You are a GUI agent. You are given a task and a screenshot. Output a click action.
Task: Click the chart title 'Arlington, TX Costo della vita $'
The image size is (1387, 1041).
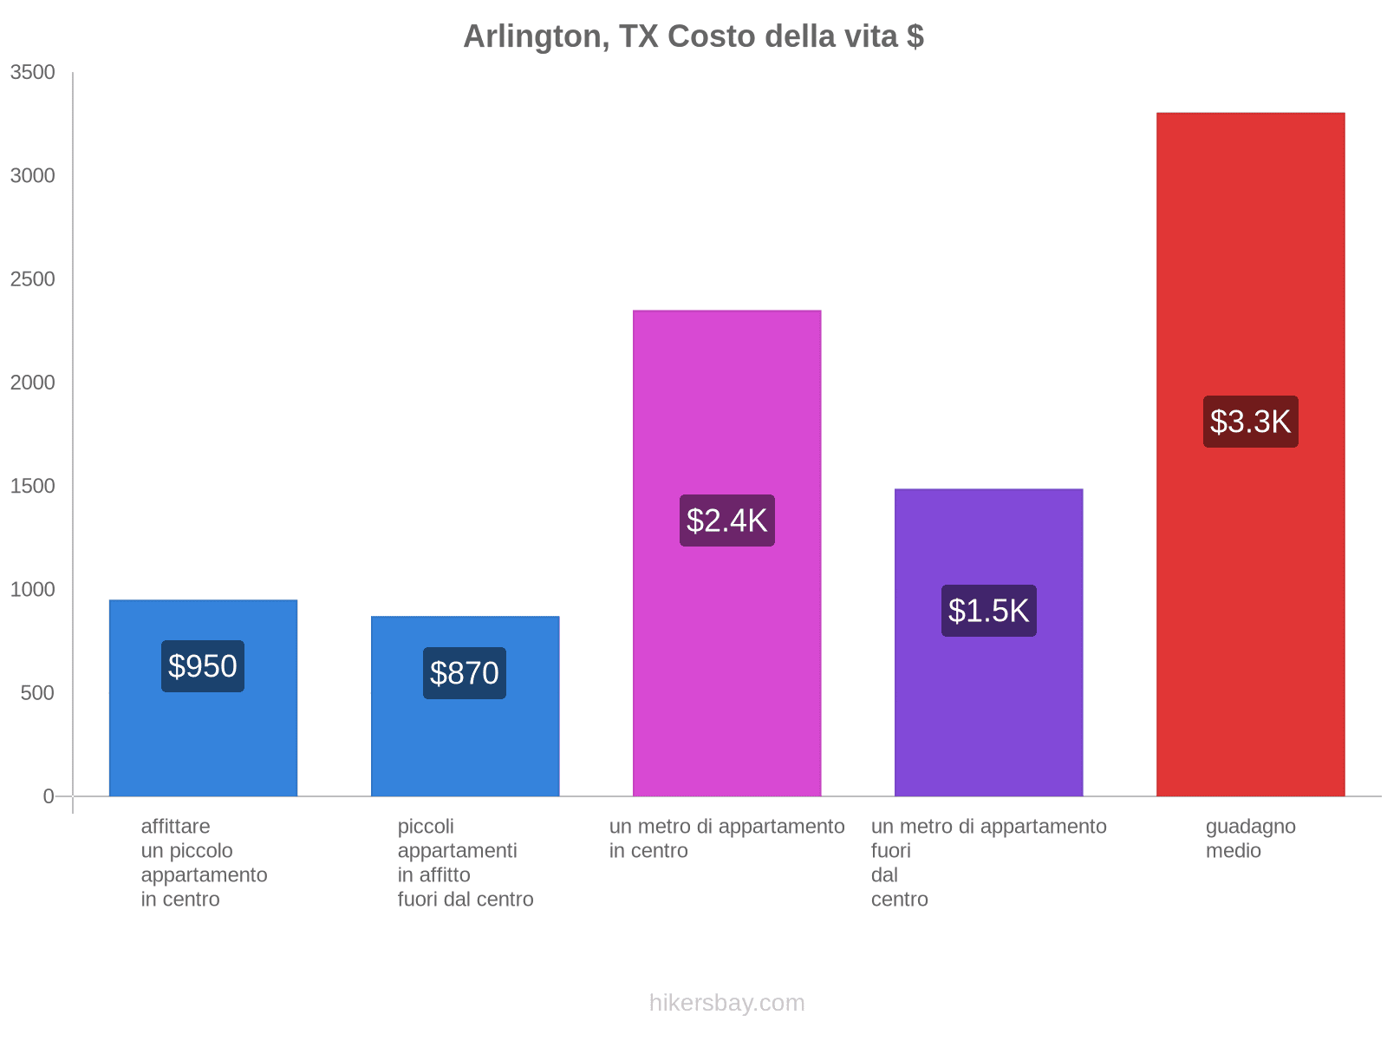pyautogui.click(x=693, y=36)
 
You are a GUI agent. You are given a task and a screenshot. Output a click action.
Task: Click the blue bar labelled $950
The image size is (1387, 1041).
pyautogui.click(x=203, y=737)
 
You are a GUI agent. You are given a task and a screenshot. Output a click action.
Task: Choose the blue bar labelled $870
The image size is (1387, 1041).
pyautogui.click(x=465, y=746)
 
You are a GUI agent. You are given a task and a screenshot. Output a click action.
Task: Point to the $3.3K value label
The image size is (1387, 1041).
pyautogui.click(x=1250, y=422)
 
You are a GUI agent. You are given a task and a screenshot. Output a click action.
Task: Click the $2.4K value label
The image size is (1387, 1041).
pyautogui.click(x=726, y=520)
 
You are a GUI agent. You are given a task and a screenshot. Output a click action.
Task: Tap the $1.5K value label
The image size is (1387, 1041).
pyautogui.click(x=988, y=611)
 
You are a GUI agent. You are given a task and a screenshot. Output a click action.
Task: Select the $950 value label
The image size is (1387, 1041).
pyautogui.click(x=203, y=666)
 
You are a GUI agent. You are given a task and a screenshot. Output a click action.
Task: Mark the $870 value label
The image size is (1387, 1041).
pyautogui.click(x=465, y=673)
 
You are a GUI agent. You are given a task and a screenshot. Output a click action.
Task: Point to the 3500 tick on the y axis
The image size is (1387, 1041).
pyautogui.click(x=33, y=73)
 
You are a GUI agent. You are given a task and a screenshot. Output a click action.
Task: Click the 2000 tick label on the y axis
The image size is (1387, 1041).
pyautogui.click(x=33, y=383)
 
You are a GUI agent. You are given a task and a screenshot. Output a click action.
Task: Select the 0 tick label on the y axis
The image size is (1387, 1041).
pyautogui.click(x=49, y=796)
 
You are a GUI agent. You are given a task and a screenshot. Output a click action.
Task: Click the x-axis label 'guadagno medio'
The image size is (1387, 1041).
pyautogui.click(x=1250, y=838)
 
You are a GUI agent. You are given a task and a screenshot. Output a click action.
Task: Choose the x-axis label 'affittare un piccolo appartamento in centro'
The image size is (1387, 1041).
pyautogui.click(x=204, y=862)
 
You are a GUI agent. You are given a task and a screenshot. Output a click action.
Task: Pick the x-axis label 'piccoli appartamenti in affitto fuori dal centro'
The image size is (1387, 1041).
pyautogui.click(x=466, y=862)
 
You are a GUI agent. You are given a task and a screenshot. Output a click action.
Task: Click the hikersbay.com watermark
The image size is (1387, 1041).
pyautogui.click(x=726, y=1003)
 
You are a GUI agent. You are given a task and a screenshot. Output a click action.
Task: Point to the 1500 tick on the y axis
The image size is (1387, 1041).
pyautogui.click(x=33, y=486)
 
